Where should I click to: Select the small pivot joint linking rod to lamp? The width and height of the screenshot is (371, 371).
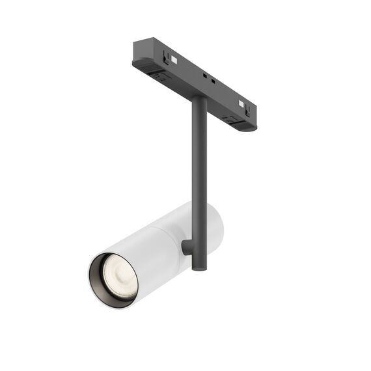coord(187,247)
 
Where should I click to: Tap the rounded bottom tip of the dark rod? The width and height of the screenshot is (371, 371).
coord(198,267)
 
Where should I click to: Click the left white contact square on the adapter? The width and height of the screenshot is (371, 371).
coord(174,60)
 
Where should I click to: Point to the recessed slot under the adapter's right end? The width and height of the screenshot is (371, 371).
coord(230,120)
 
